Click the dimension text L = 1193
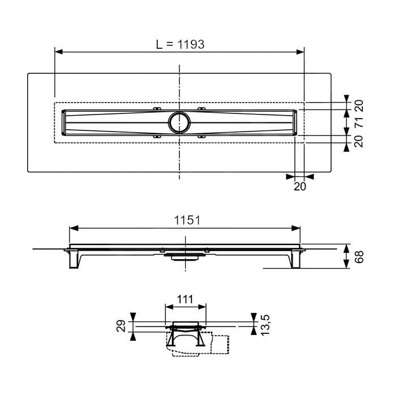pyautogui.click(x=179, y=44)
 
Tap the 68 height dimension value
pyautogui.click(x=358, y=256)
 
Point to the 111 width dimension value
pyautogui.click(x=185, y=299)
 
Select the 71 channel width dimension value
pyautogui.click(x=358, y=121)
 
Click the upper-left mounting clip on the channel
pyautogui.click(x=157, y=108)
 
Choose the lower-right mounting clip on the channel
pyautogui.click(x=202, y=136)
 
